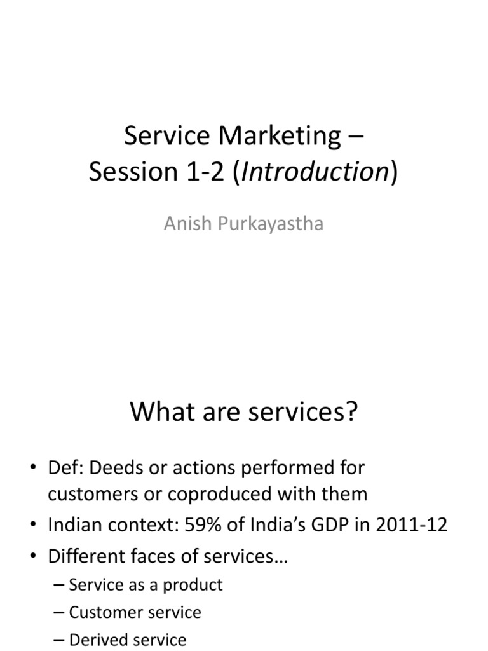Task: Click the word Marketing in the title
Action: click(280, 135)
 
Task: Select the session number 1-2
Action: click(205, 172)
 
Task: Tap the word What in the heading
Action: click(158, 413)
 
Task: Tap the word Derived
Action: click(96, 639)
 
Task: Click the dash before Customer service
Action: click(60, 612)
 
